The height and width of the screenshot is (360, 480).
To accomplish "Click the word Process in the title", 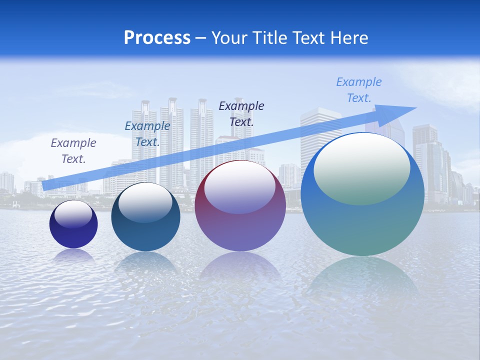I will click(x=157, y=38).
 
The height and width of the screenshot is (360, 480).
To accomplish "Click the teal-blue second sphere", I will click(x=145, y=235).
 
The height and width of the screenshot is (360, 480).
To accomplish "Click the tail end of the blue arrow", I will click(x=45, y=186).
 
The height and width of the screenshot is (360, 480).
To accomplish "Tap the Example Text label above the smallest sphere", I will click(x=73, y=151).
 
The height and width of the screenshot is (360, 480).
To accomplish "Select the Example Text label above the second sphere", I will click(x=147, y=134).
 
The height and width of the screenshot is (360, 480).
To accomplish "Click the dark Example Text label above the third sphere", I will click(x=241, y=113).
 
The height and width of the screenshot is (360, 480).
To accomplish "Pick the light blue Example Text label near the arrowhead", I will click(x=359, y=90).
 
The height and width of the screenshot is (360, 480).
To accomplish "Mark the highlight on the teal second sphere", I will click(x=145, y=201).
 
